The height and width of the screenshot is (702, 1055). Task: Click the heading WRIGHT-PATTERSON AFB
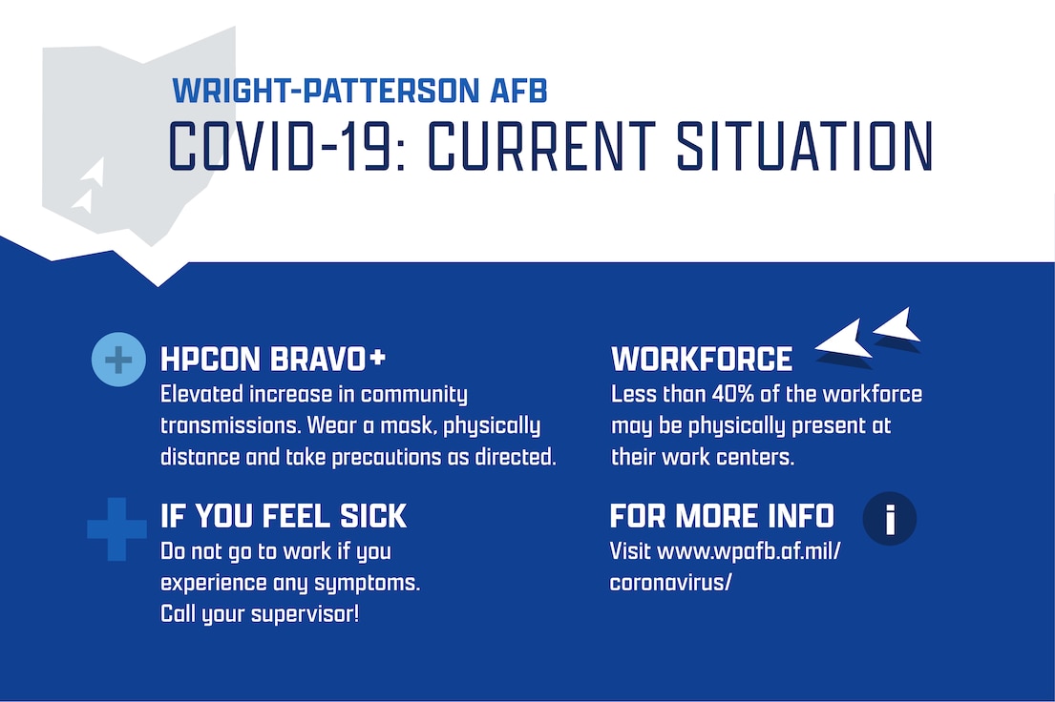pos(359,92)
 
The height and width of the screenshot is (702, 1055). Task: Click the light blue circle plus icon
pos(117,360)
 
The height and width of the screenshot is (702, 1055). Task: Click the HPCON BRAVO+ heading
pos(273,360)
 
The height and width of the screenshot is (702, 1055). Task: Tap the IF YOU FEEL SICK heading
pos(284,517)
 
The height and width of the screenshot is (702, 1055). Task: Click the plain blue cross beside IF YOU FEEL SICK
pos(116,528)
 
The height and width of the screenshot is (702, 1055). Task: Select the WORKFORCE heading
pos(702,360)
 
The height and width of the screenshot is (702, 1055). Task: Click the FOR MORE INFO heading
pos(722,517)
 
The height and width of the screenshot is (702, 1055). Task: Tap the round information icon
pos(889,519)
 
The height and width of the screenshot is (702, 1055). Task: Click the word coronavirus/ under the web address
pos(670,582)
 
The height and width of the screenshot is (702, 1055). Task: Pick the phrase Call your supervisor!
pos(260,613)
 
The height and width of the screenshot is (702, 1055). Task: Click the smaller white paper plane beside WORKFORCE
pos(898,327)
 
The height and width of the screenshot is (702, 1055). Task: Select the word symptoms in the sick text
pos(368,582)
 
